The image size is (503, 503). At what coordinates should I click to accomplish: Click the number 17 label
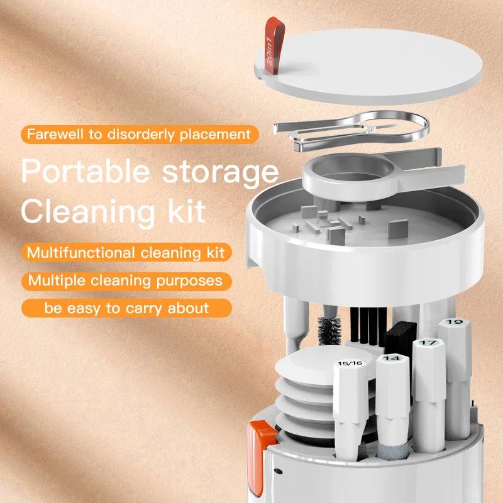tap(428, 343)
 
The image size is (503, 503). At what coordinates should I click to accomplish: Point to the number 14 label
tap(391, 358)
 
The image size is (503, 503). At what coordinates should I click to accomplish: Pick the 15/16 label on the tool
tap(350, 363)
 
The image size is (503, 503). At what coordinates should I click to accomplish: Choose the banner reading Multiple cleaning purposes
tap(125, 280)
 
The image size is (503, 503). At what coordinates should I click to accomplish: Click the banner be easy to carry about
tap(126, 308)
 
